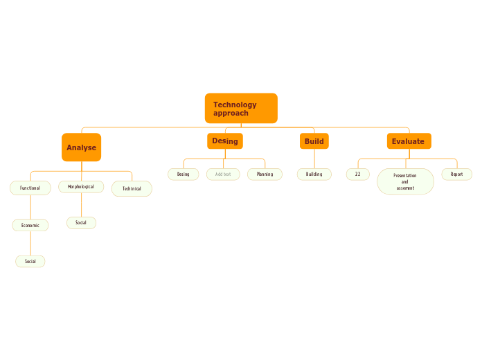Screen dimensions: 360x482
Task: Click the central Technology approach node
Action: coord(241,109)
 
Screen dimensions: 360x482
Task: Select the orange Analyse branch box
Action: coord(81,147)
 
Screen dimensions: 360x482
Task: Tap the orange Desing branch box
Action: coord(224,141)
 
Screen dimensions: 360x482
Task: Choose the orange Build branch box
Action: coord(314,141)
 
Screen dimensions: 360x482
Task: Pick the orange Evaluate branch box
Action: coord(409,141)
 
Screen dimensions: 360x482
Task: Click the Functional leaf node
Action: coord(30,188)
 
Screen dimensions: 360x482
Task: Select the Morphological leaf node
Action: coord(81,187)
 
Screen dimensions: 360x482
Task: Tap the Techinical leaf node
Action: coord(132,188)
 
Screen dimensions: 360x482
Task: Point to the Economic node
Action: coord(30,225)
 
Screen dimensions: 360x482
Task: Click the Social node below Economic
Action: coord(30,261)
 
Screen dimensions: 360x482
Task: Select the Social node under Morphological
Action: coord(81,223)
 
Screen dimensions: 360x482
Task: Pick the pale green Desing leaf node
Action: coord(183,174)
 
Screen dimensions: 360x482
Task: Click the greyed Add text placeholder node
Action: coord(223,174)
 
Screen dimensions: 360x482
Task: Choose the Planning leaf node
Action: coord(265,174)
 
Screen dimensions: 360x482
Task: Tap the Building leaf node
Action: coord(314,174)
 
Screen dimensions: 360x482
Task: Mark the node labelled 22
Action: coord(357,174)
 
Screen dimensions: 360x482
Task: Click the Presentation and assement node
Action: coord(405,182)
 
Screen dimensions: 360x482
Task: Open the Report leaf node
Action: coord(456,174)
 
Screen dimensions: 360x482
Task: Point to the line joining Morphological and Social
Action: coord(81,205)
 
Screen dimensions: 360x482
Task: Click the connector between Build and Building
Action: coord(314,159)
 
